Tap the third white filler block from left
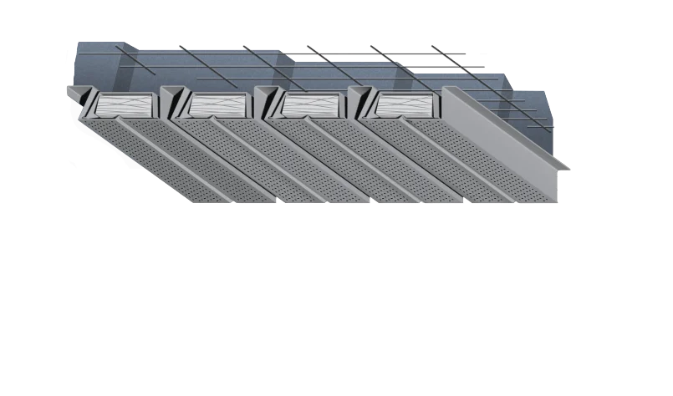point(311,104)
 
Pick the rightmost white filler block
point(405,104)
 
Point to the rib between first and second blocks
point(174,104)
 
